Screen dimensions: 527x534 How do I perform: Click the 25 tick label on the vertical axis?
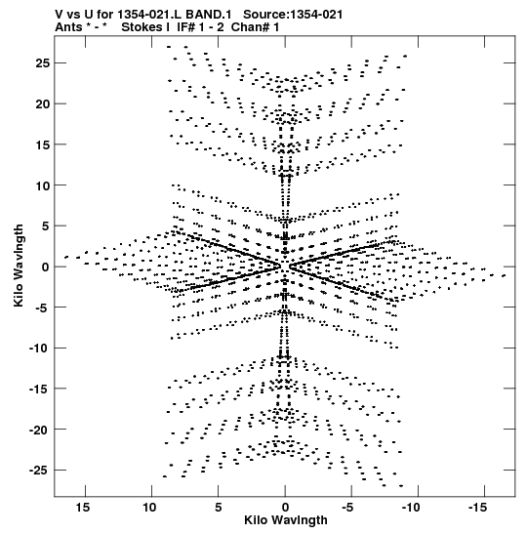tap(42, 63)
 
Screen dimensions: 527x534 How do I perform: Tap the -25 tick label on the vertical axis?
tap(39, 471)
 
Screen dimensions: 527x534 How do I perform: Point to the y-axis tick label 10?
tap(43, 185)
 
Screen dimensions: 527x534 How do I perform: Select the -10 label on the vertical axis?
tap(39, 349)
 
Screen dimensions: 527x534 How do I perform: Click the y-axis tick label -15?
tap(39, 389)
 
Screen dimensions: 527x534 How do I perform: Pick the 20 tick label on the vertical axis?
tap(42, 104)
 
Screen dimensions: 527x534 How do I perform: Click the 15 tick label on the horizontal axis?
tap(83, 508)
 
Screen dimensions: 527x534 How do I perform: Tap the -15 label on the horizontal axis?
tap(477, 508)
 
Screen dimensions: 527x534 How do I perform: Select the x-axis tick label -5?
tap(347, 508)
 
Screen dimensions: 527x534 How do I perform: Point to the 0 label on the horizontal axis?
tap(285, 508)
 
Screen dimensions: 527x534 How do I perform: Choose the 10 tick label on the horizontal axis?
tap(149, 508)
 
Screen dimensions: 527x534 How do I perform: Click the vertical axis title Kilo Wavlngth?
tap(19, 266)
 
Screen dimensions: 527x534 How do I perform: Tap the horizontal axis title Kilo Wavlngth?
tap(286, 520)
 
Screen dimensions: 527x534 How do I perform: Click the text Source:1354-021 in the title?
tap(293, 15)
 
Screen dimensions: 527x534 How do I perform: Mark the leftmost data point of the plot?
tap(66, 257)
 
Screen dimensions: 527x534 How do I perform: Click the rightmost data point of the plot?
tap(504, 275)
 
